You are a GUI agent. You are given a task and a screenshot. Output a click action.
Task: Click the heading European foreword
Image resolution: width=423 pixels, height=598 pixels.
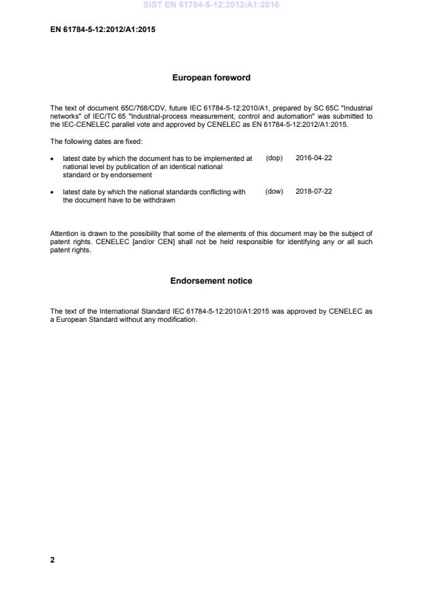click(x=211, y=78)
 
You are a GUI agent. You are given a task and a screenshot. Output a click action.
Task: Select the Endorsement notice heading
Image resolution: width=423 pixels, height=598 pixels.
click(x=211, y=281)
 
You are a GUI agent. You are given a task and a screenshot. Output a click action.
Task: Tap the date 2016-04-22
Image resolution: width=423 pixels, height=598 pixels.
click(x=314, y=158)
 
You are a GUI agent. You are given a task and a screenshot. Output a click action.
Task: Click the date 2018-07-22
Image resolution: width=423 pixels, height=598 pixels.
click(x=314, y=192)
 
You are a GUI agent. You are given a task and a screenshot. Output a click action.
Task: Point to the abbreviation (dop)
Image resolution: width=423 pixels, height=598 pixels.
click(x=274, y=158)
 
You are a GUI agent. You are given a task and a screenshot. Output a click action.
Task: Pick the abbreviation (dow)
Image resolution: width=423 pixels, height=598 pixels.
click(x=274, y=192)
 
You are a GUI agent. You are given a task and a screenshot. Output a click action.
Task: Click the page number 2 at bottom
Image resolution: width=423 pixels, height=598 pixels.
click(x=53, y=560)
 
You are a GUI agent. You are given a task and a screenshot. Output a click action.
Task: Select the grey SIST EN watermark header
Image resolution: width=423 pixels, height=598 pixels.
click(x=211, y=5)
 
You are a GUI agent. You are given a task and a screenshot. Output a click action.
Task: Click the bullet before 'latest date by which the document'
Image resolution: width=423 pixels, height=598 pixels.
click(x=53, y=158)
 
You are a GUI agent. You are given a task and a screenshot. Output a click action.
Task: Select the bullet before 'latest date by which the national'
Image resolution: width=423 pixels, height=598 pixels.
click(x=53, y=192)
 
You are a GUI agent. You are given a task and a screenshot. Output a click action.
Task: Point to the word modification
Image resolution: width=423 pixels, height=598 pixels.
click(x=177, y=320)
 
